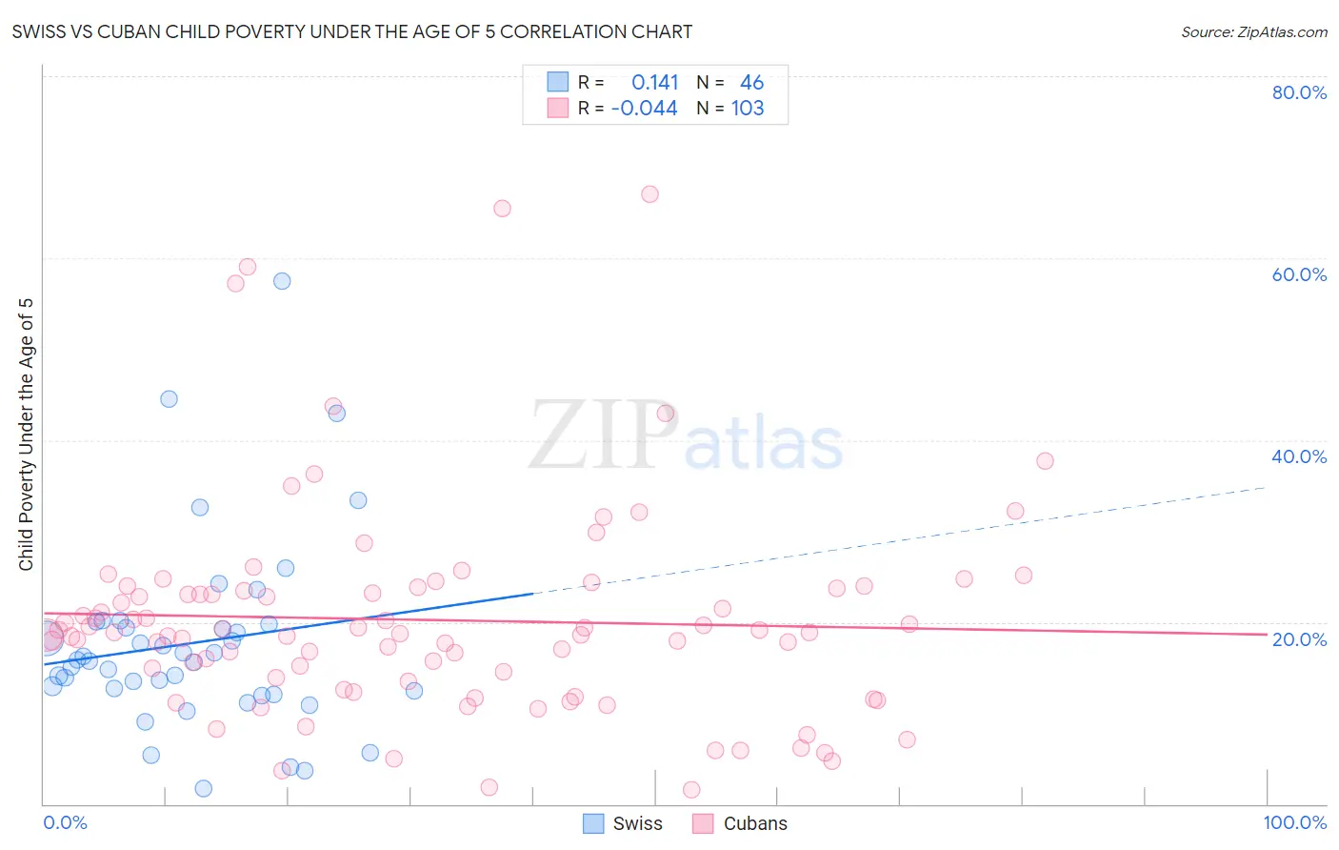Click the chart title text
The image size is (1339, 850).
coord(351,31)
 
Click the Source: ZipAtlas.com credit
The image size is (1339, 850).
coord(1253,31)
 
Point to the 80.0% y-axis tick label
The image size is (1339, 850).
coord(1299,92)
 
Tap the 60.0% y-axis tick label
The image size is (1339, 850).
coord(1299,274)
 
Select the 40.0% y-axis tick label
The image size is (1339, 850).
coord(1299,456)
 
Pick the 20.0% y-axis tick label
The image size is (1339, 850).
coord(1299,639)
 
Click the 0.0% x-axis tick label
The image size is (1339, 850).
coord(65,822)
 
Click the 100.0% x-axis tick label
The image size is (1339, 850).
coord(1294,822)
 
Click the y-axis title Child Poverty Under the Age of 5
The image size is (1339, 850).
coord(27,435)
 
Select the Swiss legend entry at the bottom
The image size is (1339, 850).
coord(623,823)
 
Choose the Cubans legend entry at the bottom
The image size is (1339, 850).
coord(740,823)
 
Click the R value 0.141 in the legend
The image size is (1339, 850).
coord(654,83)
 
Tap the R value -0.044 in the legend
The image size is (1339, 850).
coord(644,109)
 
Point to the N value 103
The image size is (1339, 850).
coord(748,109)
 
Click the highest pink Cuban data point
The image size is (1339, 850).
coord(650,194)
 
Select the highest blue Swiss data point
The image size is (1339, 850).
coord(282,281)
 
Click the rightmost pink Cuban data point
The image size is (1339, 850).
coord(1045,461)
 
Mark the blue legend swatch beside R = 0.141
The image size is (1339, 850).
coord(557,82)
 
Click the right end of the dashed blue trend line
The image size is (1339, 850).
coord(1265,488)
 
